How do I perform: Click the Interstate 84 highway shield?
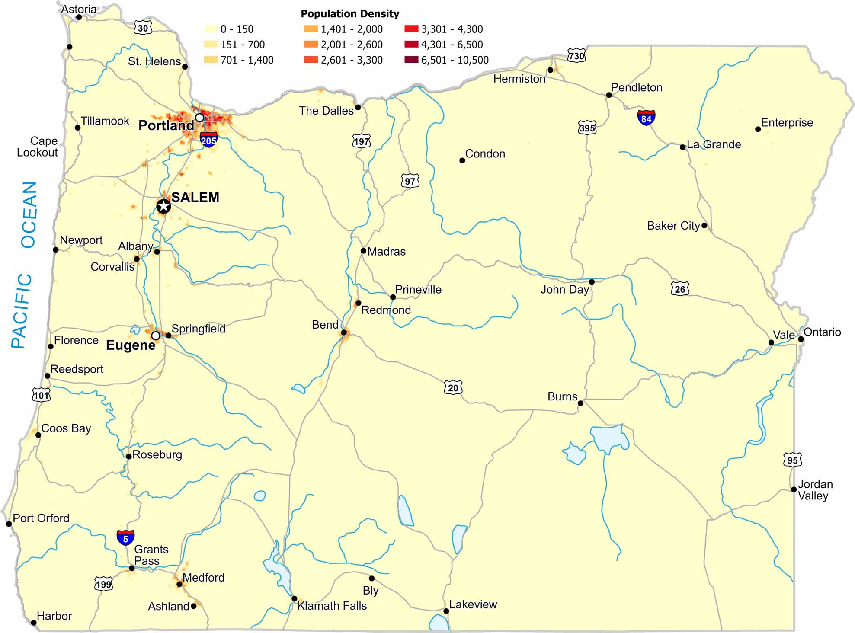tap(646, 118)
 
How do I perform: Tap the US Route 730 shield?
tap(576, 55)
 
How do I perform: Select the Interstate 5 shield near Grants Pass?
tap(125, 538)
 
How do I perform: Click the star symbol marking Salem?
tap(163, 206)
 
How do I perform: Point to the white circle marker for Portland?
tap(199, 118)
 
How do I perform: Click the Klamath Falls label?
tap(332, 606)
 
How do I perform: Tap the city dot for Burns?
tap(580, 403)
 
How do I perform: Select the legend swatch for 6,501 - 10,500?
tap(411, 60)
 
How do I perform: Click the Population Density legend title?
tap(350, 14)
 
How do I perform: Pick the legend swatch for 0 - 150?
tap(211, 29)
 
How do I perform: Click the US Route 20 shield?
tap(453, 387)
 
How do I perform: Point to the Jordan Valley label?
tap(815, 490)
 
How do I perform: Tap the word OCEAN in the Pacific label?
tap(29, 214)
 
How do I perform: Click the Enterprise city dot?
tap(758, 129)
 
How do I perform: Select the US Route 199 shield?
tap(103, 584)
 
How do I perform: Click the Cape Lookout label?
tap(37, 147)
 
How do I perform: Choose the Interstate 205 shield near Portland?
tap(208, 140)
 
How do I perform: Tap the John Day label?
tap(564, 289)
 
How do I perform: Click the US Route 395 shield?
tap(587, 128)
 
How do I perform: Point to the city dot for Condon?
tap(462, 160)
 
